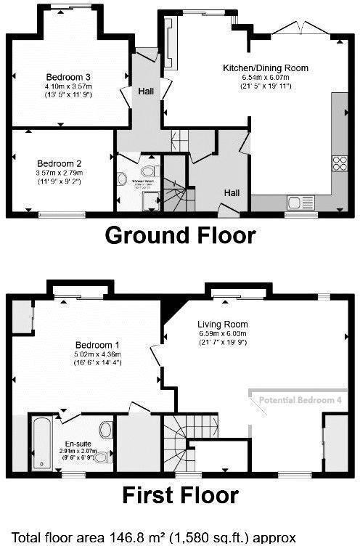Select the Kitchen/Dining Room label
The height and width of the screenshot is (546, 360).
265,68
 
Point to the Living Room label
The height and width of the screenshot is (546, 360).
223,324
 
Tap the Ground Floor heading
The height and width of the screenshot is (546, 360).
180,235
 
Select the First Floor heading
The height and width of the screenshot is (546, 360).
180,495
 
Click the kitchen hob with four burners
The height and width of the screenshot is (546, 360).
339,163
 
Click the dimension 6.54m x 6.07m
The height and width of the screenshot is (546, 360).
266,78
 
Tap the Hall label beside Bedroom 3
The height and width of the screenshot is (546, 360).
146,91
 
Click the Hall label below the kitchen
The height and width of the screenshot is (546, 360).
232,192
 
